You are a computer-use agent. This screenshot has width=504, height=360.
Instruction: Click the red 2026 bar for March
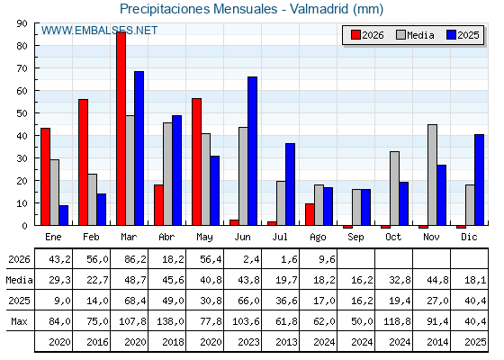coord(121,129)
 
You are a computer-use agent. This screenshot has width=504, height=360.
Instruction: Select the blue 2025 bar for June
coord(252,151)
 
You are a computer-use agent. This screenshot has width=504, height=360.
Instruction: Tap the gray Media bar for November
coord(432,175)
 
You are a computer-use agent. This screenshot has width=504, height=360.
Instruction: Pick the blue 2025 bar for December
coord(479,180)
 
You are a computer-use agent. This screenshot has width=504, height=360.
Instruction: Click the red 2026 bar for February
coord(83,162)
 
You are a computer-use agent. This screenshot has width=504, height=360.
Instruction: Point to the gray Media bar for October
coord(394,188)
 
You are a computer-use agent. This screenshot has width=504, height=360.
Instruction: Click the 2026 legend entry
coord(367,35)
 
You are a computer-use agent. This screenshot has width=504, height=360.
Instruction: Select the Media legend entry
coord(415,35)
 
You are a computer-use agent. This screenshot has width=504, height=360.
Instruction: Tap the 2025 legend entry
coord(463,35)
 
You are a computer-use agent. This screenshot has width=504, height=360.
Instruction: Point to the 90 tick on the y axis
coord(22,23)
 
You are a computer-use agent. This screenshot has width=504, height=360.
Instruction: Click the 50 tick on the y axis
coord(22,113)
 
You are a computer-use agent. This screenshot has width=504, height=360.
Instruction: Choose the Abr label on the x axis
coord(166,238)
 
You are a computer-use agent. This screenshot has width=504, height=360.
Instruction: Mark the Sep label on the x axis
coord(355,238)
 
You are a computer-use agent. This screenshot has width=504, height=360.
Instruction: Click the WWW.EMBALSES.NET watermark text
coord(99,31)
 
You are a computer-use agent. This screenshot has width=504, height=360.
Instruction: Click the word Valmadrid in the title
coord(319,9)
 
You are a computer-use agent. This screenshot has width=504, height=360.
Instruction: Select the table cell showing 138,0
coord(171,321)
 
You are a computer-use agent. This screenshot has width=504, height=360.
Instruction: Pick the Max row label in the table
coord(19,321)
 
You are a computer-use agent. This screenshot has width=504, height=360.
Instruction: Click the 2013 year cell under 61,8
coord(287,342)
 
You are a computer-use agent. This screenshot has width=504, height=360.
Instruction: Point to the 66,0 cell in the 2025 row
coord(248,301)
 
